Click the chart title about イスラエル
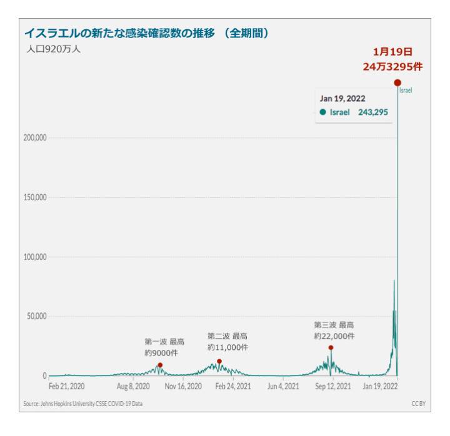146,33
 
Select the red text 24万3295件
392,66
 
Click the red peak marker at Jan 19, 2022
397,83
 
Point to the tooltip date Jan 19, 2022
342,99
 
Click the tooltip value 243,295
373,112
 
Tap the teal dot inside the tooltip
322,112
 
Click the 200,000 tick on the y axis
36,137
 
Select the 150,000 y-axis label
36,197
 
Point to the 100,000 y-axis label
36,256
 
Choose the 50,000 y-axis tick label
37,316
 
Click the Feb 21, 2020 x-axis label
67,387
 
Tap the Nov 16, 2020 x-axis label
184,387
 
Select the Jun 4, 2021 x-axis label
283,387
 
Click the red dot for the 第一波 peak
160,366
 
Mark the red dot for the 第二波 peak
219,362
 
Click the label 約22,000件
334,336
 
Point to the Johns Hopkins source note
83,404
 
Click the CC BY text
418,404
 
